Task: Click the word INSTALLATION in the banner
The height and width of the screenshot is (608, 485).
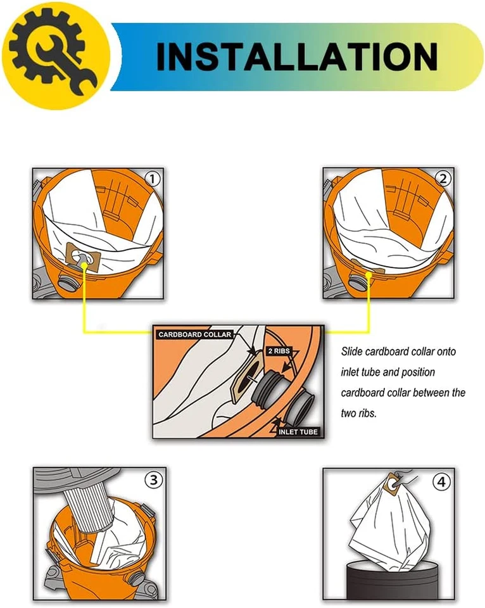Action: (x=297, y=56)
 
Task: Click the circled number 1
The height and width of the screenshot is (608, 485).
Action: (x=153, y=179)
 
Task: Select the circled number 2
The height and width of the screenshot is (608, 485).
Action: (x=443, y=179)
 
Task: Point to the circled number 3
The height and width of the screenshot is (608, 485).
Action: (x=154, y=480)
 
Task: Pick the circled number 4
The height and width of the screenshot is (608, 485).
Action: (x=441, y=482)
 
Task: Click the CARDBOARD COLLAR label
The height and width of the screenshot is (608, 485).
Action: (x=194, y=334)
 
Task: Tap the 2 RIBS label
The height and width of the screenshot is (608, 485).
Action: (x=279, y=351)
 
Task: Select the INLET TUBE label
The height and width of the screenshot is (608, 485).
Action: (x=298, y=431)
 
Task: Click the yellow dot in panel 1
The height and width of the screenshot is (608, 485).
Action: (x=83, y=266)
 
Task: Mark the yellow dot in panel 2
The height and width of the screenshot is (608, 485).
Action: (x=368, y=274)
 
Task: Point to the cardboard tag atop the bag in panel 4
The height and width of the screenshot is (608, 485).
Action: (x=393, y=484)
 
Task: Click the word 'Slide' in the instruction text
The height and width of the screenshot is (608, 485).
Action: (x=351, y=351)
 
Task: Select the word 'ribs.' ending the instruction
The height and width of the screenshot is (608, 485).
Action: (x=367, y=414)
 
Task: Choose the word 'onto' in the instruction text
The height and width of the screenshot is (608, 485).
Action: (x=446, y=351)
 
